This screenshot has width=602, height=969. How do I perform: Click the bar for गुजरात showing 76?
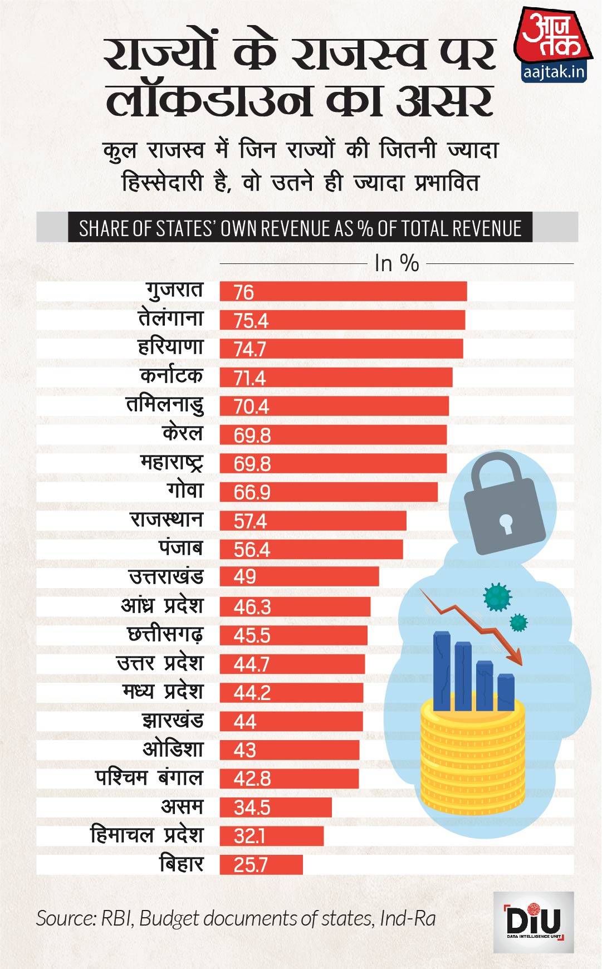[x=342, y=292]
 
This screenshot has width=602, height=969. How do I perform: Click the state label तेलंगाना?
[x=170, y=319]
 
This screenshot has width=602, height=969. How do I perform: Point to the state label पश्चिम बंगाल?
[x=149, y=778]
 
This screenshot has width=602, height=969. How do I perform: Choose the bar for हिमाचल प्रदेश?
[x=271, y=836]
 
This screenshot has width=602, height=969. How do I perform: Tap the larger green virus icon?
[x=497, y=596]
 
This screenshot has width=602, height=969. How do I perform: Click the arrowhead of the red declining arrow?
[x=515, y=657]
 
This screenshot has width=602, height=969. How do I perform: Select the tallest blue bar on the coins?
[x=443, y=671]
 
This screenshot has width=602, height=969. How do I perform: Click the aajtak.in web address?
[x=554, y=72]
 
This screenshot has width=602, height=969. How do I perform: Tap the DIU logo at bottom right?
[x=533, y=922]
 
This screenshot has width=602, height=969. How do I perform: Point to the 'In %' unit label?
[x=396, y=263]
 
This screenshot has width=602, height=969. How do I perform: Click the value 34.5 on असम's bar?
[x=252, y=807]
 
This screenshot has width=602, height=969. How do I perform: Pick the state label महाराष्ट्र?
[x=172, y=462]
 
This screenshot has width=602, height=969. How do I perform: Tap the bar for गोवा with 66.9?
[x=329, y=492]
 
